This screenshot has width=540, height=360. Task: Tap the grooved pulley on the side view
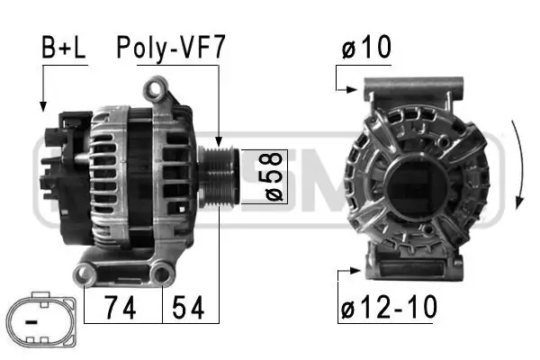coord(219,175)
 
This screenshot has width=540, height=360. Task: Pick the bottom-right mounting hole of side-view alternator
coord(162,272)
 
